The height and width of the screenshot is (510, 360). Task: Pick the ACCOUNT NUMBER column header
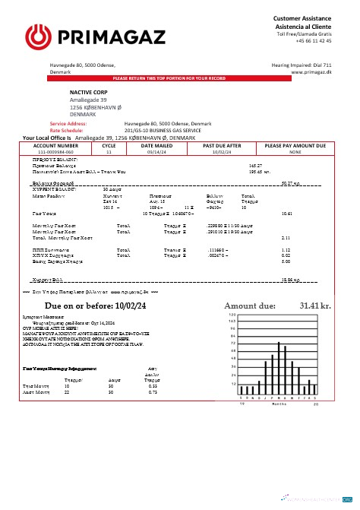tap(55, 144)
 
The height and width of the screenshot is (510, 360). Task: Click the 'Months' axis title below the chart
tap(278, 404)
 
